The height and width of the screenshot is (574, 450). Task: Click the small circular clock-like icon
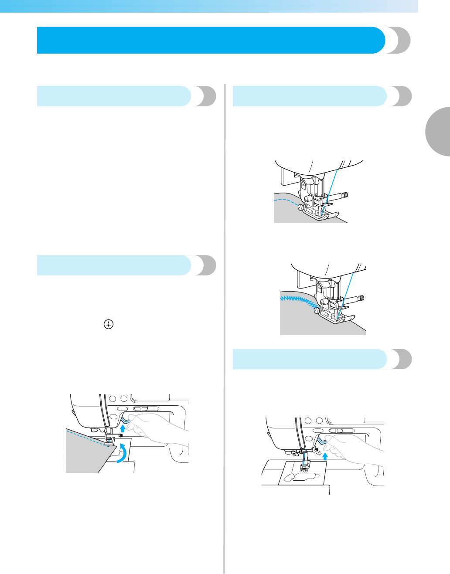[x=109, y=324]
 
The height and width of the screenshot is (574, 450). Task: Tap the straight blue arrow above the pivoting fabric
[x=123, y=428]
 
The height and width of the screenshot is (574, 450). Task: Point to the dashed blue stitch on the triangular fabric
[x=87, y=438]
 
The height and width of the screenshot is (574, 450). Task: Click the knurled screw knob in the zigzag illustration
[x=361, y=298]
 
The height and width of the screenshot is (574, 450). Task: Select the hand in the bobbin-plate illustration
[x=353, y=449]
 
